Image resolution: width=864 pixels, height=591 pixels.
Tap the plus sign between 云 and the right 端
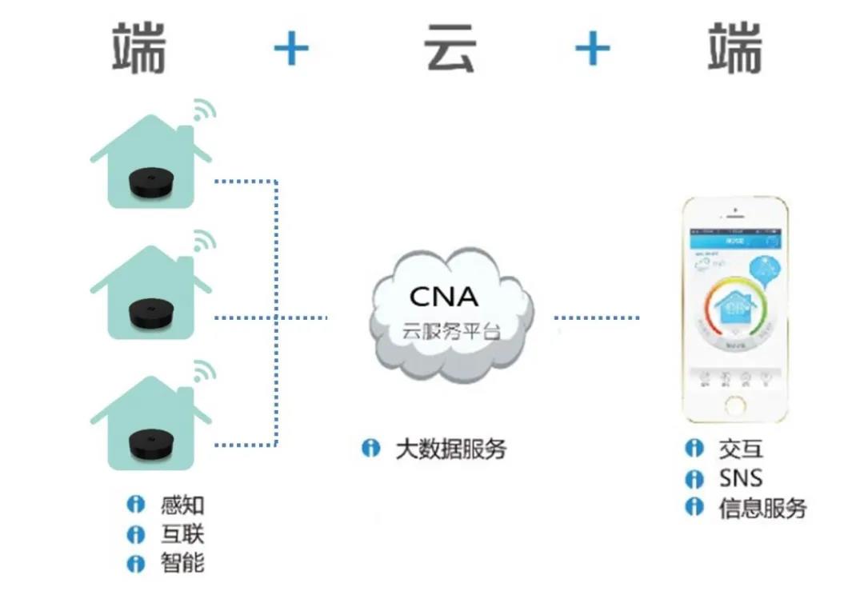(x=592, y=50)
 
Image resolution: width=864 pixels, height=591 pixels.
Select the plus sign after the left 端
(x=291, y=50)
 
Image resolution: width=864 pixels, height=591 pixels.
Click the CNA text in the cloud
(x=443, y=297)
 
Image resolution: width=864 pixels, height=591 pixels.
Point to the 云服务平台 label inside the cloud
(x=450, y=331)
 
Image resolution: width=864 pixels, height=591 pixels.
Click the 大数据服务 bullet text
(x=451, y=449)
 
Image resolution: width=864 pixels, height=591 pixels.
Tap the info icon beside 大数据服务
(x=370, y=449)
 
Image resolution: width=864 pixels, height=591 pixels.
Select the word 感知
(x=182, y=505)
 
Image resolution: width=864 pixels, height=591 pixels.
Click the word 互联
(x=182, y=533)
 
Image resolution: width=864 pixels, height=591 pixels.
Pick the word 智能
(x=182, y=563)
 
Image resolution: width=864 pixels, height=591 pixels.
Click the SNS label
(x=740, y=478)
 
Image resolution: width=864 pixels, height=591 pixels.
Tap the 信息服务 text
(x=762, y=508)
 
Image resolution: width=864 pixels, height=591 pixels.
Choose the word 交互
(x=740, y=449)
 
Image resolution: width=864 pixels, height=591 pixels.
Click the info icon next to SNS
(x=694, y=478)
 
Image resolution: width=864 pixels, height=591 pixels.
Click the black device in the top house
(x=151, y=183)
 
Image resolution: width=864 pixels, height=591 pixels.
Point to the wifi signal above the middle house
(x=204, y=241)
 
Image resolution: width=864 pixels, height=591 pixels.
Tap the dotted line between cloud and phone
(x=597, y=318)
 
